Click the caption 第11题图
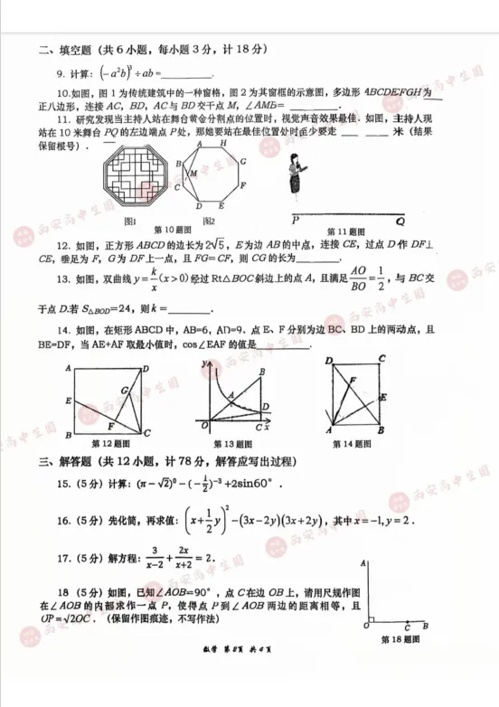344,230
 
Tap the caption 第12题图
112,443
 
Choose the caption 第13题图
235,443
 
